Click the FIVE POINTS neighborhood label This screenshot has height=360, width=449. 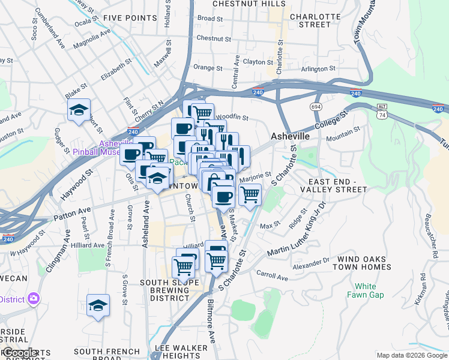coord(130,18)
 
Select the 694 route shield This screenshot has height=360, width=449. coord(316,106)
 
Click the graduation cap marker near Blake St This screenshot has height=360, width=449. coord(79,110)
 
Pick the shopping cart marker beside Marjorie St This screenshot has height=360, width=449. coord(250,194)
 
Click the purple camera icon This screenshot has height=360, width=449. coord(33,298)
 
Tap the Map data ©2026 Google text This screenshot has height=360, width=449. coord(411,355)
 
